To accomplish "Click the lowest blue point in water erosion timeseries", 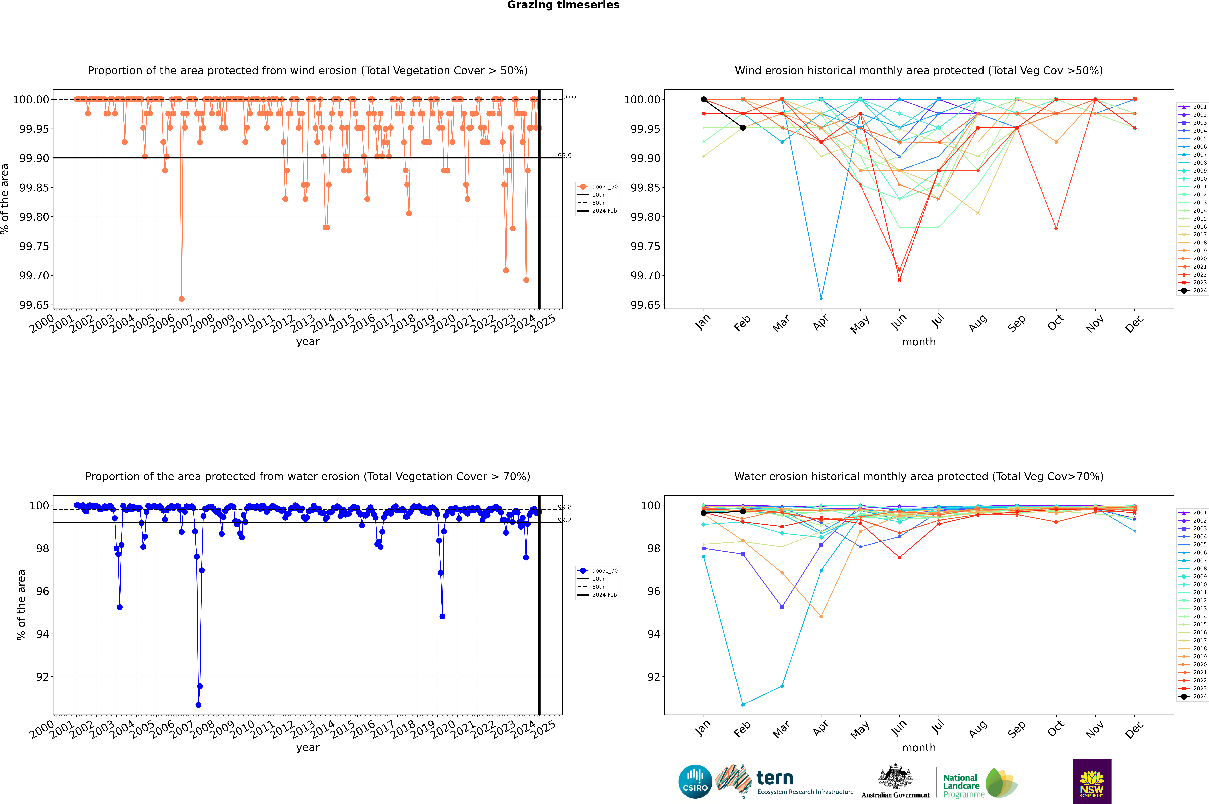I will tap(198, 704).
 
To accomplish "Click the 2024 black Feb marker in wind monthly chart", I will tap(743, 128).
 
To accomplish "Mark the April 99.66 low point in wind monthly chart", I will tap(821, 298).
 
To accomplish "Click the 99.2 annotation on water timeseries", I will tap(565, 520).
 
